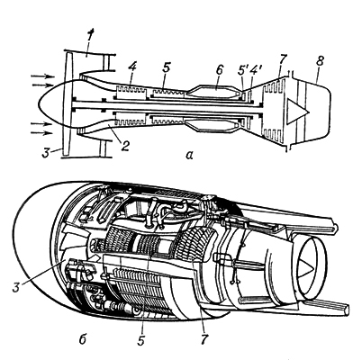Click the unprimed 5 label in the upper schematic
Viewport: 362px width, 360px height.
(x=167, y=68)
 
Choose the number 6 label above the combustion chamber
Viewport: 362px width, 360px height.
(x=220, y=71)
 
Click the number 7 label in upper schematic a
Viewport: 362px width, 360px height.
(x=285, y=61)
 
